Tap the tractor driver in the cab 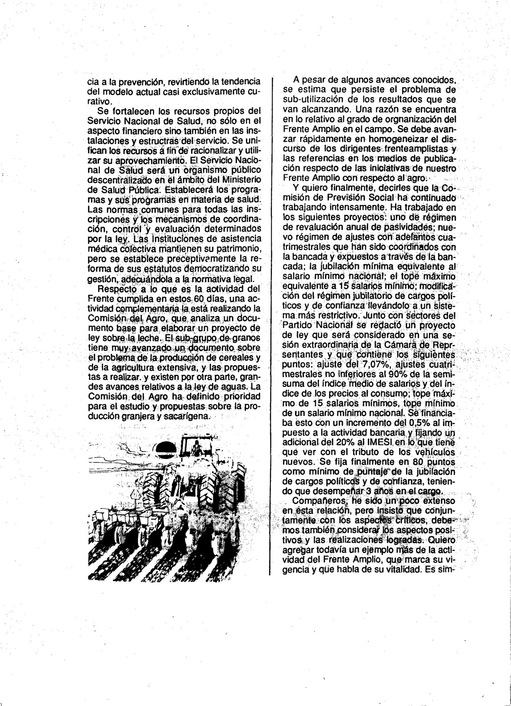click(197, 449)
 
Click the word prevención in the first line click(132, 82)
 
